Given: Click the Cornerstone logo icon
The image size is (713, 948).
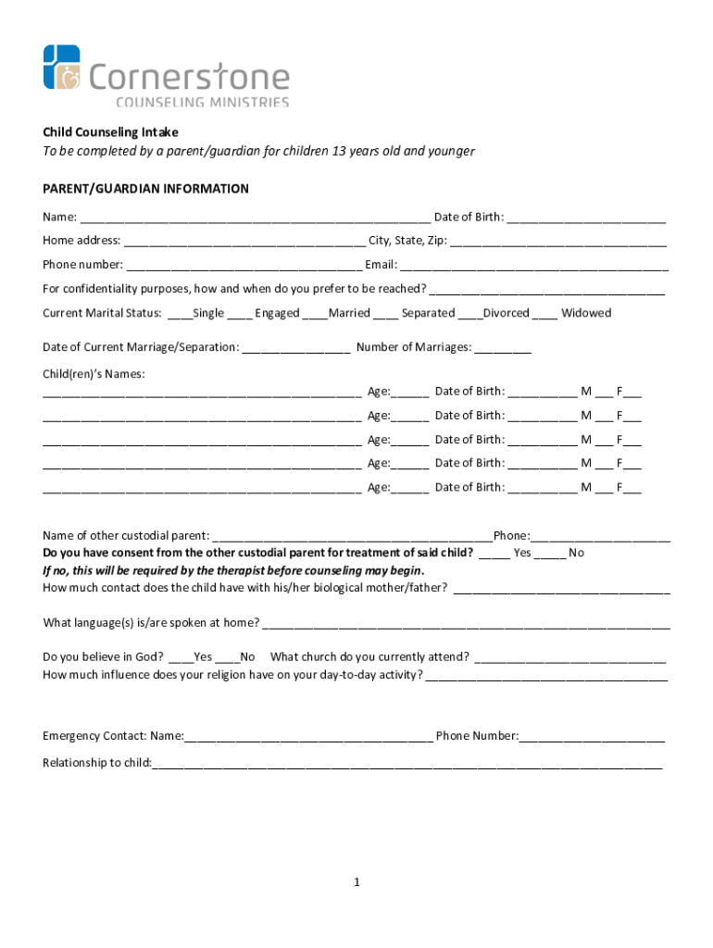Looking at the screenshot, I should click(62, 68).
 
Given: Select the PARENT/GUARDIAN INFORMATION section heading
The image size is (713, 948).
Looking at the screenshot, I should click(145, 189).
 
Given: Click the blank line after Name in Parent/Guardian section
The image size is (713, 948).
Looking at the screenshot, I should click(255, 218).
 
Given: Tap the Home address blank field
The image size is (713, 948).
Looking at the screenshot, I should click(244, 242).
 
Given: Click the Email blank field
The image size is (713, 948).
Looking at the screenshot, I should click(533, 266).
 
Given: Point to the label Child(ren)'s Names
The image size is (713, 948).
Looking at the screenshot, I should click(94, 374).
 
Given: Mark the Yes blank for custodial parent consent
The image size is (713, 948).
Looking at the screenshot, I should click(494, 554).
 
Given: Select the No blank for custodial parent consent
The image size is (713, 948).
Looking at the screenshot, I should click(550, 554).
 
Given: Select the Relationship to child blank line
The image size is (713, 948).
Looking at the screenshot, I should click(407, 765).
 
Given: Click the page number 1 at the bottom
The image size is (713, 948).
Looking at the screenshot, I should click(356, 883).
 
